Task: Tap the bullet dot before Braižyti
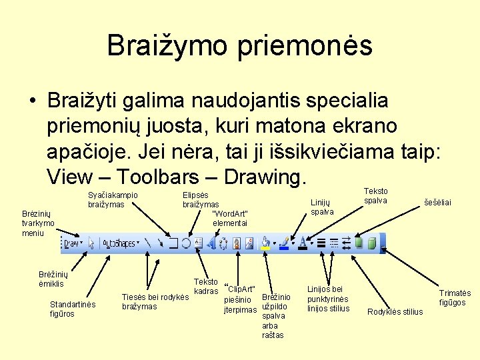[x=31, y=102]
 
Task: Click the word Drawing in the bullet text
[x=264, y=177]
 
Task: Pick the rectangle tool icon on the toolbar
[x=173, y=243]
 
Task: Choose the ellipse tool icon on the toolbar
[x=186, y=243]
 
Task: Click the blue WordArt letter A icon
[x=212, y=243]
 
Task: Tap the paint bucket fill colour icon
[x=265, y=243]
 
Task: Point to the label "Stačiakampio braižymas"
[x=113, y=199]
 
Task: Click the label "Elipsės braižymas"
[x=201, y=199]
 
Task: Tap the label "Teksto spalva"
[x=376, y=196]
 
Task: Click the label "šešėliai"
[x=437, y=203]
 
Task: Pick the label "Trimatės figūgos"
[x=455, y=298]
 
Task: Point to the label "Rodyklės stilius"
[x=395, y=311]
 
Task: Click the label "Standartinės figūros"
[x=73, y=309]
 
